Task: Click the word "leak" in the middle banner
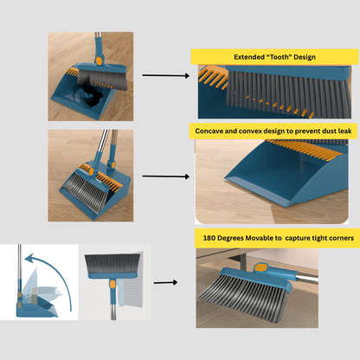[x=345, y=131]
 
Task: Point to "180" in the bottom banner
[x=209, y=238]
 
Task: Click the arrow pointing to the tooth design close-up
[x=166, y=75]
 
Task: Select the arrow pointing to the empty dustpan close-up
[x=166, y=177]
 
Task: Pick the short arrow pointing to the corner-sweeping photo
[x=165, y=282]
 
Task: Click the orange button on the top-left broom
[x=99, y=61]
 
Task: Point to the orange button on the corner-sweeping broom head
[x=260, y=267]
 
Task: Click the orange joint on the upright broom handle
[x=112, y=285]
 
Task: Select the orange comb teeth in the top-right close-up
[x=213, y=77]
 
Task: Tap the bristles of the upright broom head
[x=112, y=264]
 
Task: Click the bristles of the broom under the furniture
[x=242, y=297]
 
